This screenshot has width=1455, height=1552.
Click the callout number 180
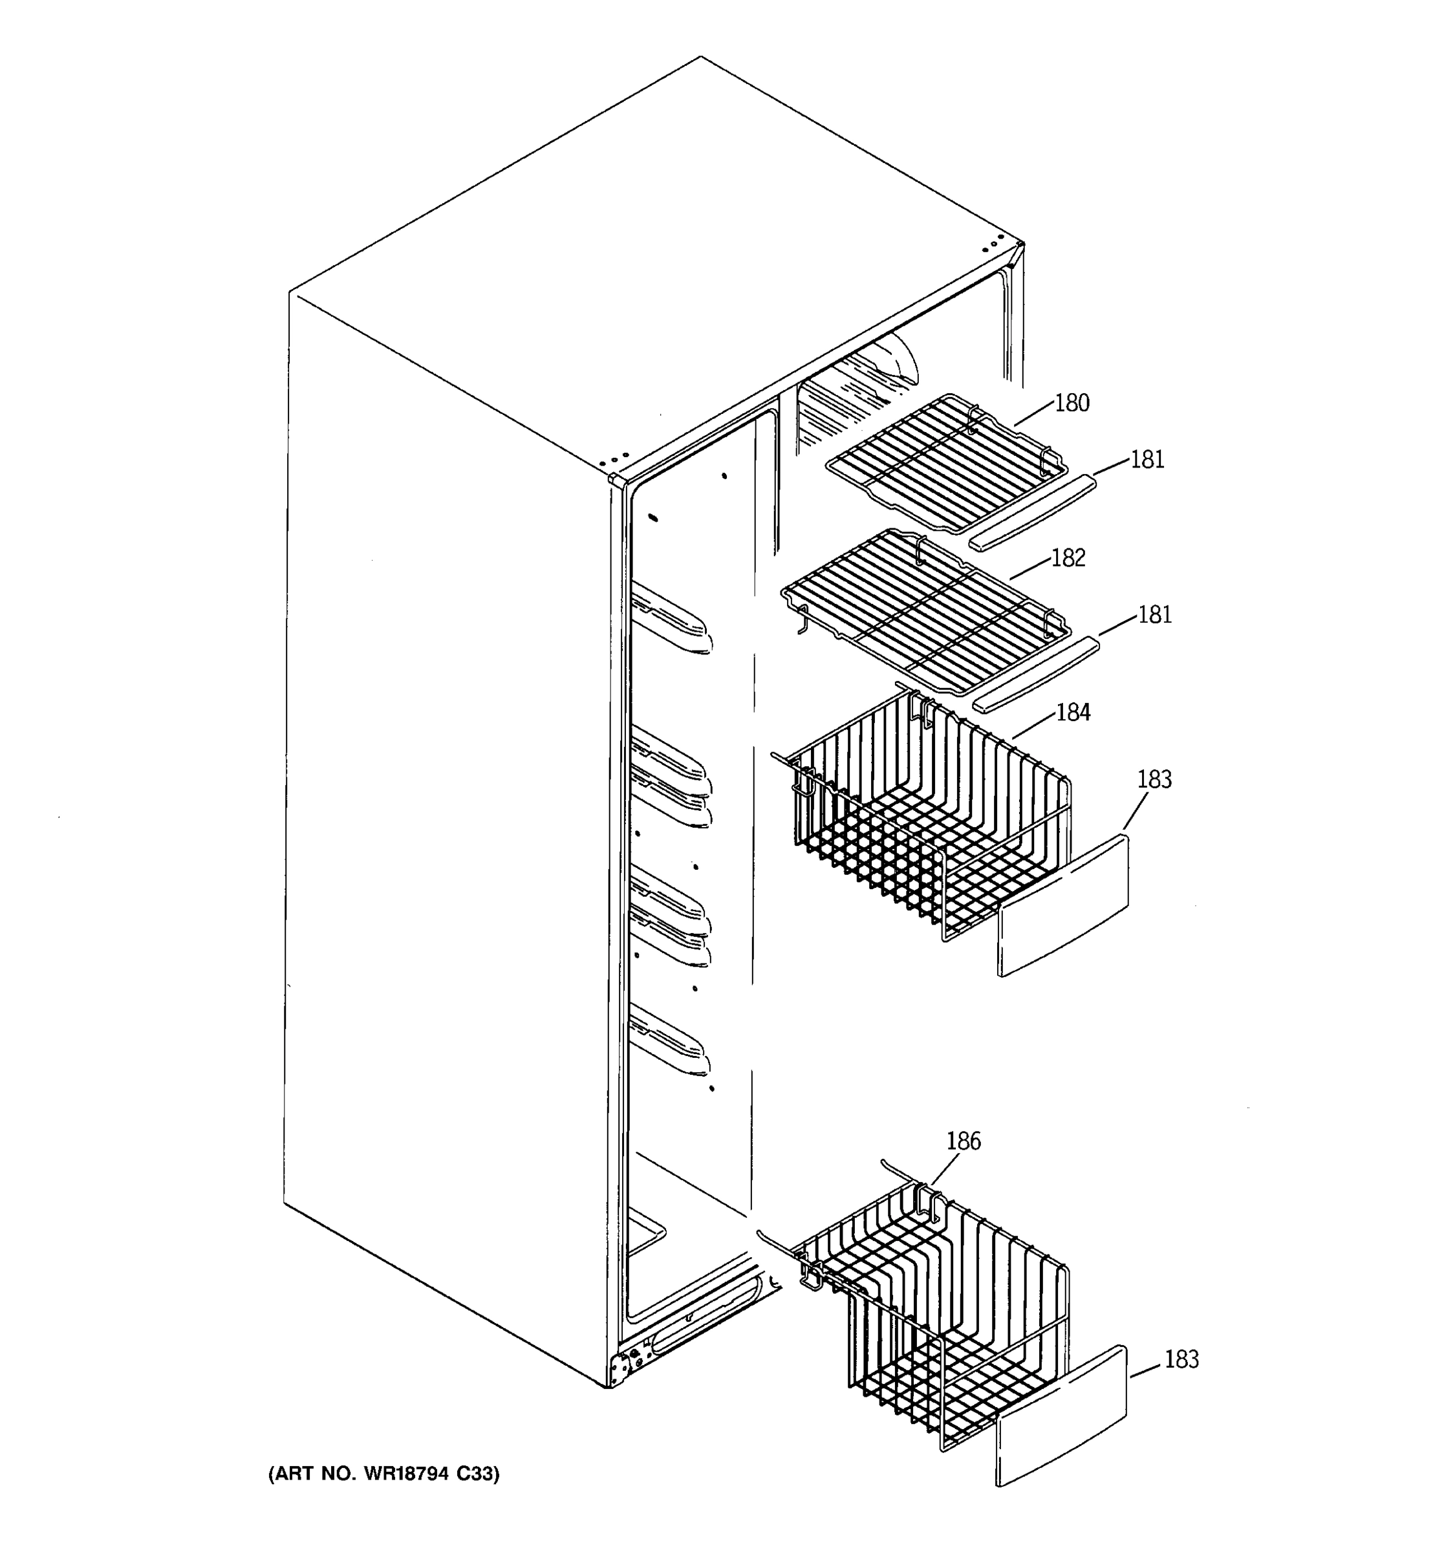[1072, 403]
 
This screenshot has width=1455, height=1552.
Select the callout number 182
[1068, 557]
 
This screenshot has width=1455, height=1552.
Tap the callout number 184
[1073, 712]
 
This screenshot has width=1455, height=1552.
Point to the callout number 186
[964, 1141]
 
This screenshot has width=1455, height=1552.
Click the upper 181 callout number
[1147, 460]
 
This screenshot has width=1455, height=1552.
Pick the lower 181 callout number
[1155, 615]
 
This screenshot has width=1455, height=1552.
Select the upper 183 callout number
[1154, 779]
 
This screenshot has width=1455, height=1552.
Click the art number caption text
[383, 1473]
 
